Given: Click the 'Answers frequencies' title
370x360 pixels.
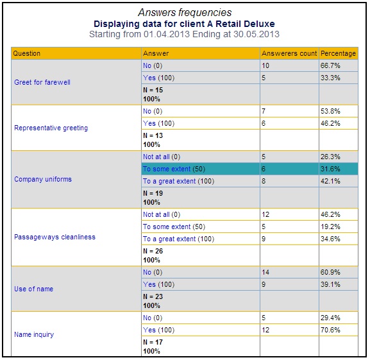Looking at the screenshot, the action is click(185, 12).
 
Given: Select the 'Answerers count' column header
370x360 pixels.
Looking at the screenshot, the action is click(289, 53).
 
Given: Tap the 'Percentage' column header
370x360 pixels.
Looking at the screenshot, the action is click(338, 54).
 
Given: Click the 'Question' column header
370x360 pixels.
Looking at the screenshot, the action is click(27, 54).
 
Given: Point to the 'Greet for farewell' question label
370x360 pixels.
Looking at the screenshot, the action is click(42, 82).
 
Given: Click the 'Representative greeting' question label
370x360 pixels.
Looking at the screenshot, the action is click(51, 128).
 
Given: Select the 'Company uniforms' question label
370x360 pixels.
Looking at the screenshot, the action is click(43, 179).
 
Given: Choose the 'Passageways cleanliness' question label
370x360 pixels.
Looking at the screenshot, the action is click(55, 237).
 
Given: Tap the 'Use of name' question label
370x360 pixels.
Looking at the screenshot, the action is click(34, 289).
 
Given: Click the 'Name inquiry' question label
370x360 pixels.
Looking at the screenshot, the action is click(34, 334).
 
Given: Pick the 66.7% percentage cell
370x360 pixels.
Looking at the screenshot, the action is click(330, 65).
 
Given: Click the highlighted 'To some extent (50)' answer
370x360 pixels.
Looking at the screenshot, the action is click(174, 169).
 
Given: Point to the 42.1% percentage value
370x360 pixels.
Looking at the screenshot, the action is click(330, 182).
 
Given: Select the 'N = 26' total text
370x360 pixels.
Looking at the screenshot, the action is click(153, 251).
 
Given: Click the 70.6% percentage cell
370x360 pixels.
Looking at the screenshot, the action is click(330, 330).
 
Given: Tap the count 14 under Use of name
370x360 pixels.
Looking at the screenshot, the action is click(265, 273).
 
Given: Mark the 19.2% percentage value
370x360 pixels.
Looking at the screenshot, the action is click(330, 227).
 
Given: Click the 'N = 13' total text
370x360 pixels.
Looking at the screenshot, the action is click(153, 136).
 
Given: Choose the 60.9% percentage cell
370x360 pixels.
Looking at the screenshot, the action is click(330, 273).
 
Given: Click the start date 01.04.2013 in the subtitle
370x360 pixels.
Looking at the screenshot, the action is click(167, 34).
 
